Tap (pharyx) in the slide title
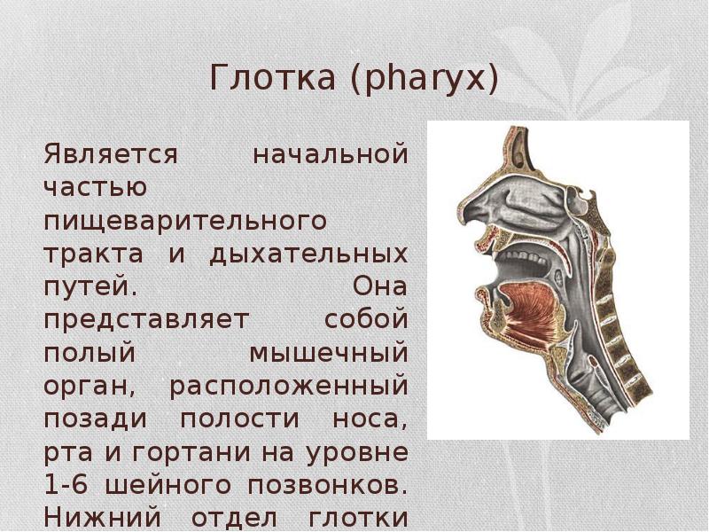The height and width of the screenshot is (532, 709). tap(423, 79)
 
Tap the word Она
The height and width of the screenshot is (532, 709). tap(381, 287)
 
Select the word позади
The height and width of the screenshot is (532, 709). tap(90, 419)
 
